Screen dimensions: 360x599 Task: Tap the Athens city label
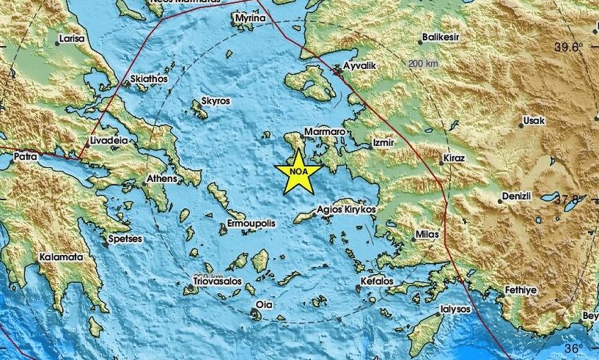point(162,178)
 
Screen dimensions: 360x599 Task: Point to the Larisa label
point(71,37)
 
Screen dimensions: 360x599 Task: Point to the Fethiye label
point(521,291)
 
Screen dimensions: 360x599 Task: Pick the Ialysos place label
point(455,309)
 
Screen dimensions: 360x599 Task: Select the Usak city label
point(533,121)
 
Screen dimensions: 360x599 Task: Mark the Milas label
point(427,234)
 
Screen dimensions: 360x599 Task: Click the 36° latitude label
point(574,348)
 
